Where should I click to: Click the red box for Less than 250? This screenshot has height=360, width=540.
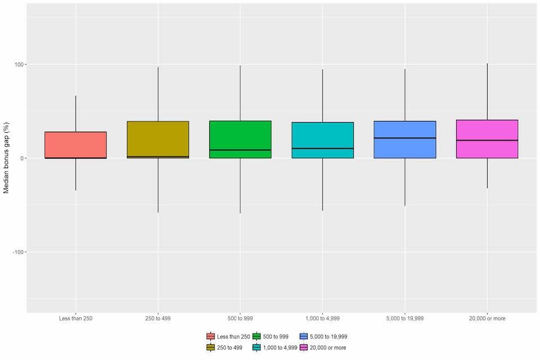pyautogui.click(x=75, y=145)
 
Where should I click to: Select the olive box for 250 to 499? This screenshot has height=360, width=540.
pyautogui.click(x=158, y=138)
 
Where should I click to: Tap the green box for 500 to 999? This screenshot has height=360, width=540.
pyautogui.click(x=240, y=135)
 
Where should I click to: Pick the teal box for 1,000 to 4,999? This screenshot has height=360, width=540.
pyautogui.click(x=322, y=135)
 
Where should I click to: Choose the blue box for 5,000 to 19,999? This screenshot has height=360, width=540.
pyautogui.click(x=405, y=129)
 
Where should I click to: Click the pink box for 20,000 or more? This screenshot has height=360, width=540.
pyautogui.click(x=487, y=129)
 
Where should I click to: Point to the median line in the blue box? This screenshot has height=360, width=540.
pyautogui.click(x=405, y=138)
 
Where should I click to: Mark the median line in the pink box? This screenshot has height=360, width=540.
pyautogui.click(x=487, y=140)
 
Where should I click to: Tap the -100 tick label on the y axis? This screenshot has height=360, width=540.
pyautogui.click(x=17, y=252)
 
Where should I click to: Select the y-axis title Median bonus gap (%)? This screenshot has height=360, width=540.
pyautogui.click(x=7, y=159)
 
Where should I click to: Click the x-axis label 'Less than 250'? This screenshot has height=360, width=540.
pyautogui.click(x=75, y=318)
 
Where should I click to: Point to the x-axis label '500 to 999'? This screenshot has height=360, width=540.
pyautogui.click(x=240, y=318)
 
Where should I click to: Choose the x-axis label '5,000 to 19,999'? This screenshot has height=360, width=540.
pyautogui.click(x=405, y=318)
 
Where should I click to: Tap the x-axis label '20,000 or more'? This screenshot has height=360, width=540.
pyautogui.click(x=487, y=318)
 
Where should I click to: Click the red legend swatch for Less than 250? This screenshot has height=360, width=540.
pyautogui.click(x=211, y=336)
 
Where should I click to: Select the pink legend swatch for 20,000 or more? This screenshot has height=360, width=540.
pyautogui.click(x=304, y=348)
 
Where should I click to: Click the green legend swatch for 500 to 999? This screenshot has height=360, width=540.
pyautogui.click(x=257, y=336)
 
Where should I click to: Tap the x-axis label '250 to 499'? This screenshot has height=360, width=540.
pyautogui.click(x=158, y=318)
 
